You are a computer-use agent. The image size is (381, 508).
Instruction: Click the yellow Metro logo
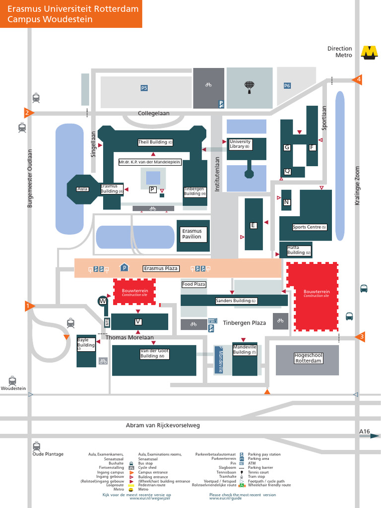tap(369, 52)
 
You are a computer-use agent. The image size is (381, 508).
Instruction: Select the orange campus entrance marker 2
tap(28, 113)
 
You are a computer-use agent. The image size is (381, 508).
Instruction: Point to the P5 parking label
tap(144, 88)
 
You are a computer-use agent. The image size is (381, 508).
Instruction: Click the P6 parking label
tap(287, 86)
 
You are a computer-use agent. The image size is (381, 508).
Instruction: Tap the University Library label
tap(240, 144)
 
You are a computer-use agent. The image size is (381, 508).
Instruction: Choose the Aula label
tap(82, 189)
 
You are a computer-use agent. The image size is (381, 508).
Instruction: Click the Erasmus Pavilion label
tap(192, 234)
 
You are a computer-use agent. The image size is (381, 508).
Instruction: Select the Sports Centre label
tap(310, 227)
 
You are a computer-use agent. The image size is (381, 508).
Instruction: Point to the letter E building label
tap(254, 226)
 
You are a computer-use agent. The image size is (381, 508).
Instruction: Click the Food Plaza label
tap(193, 284)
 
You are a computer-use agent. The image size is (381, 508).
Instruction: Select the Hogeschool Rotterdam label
tap(308, 358)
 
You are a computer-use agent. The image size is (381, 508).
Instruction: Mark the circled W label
tap(103, 301)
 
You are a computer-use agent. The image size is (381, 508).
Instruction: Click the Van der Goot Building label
tap(155, 353)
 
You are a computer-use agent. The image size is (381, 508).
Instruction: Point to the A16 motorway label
tap(364, 433)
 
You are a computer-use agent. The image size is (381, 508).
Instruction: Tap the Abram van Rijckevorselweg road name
tap(163, 425)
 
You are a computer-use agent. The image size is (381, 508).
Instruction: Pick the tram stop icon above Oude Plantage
tap(36, 445)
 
